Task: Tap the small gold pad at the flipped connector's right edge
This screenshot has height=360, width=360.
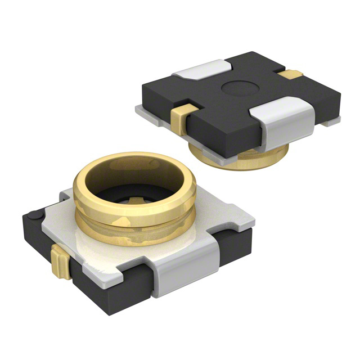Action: (x=294, y=74)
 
